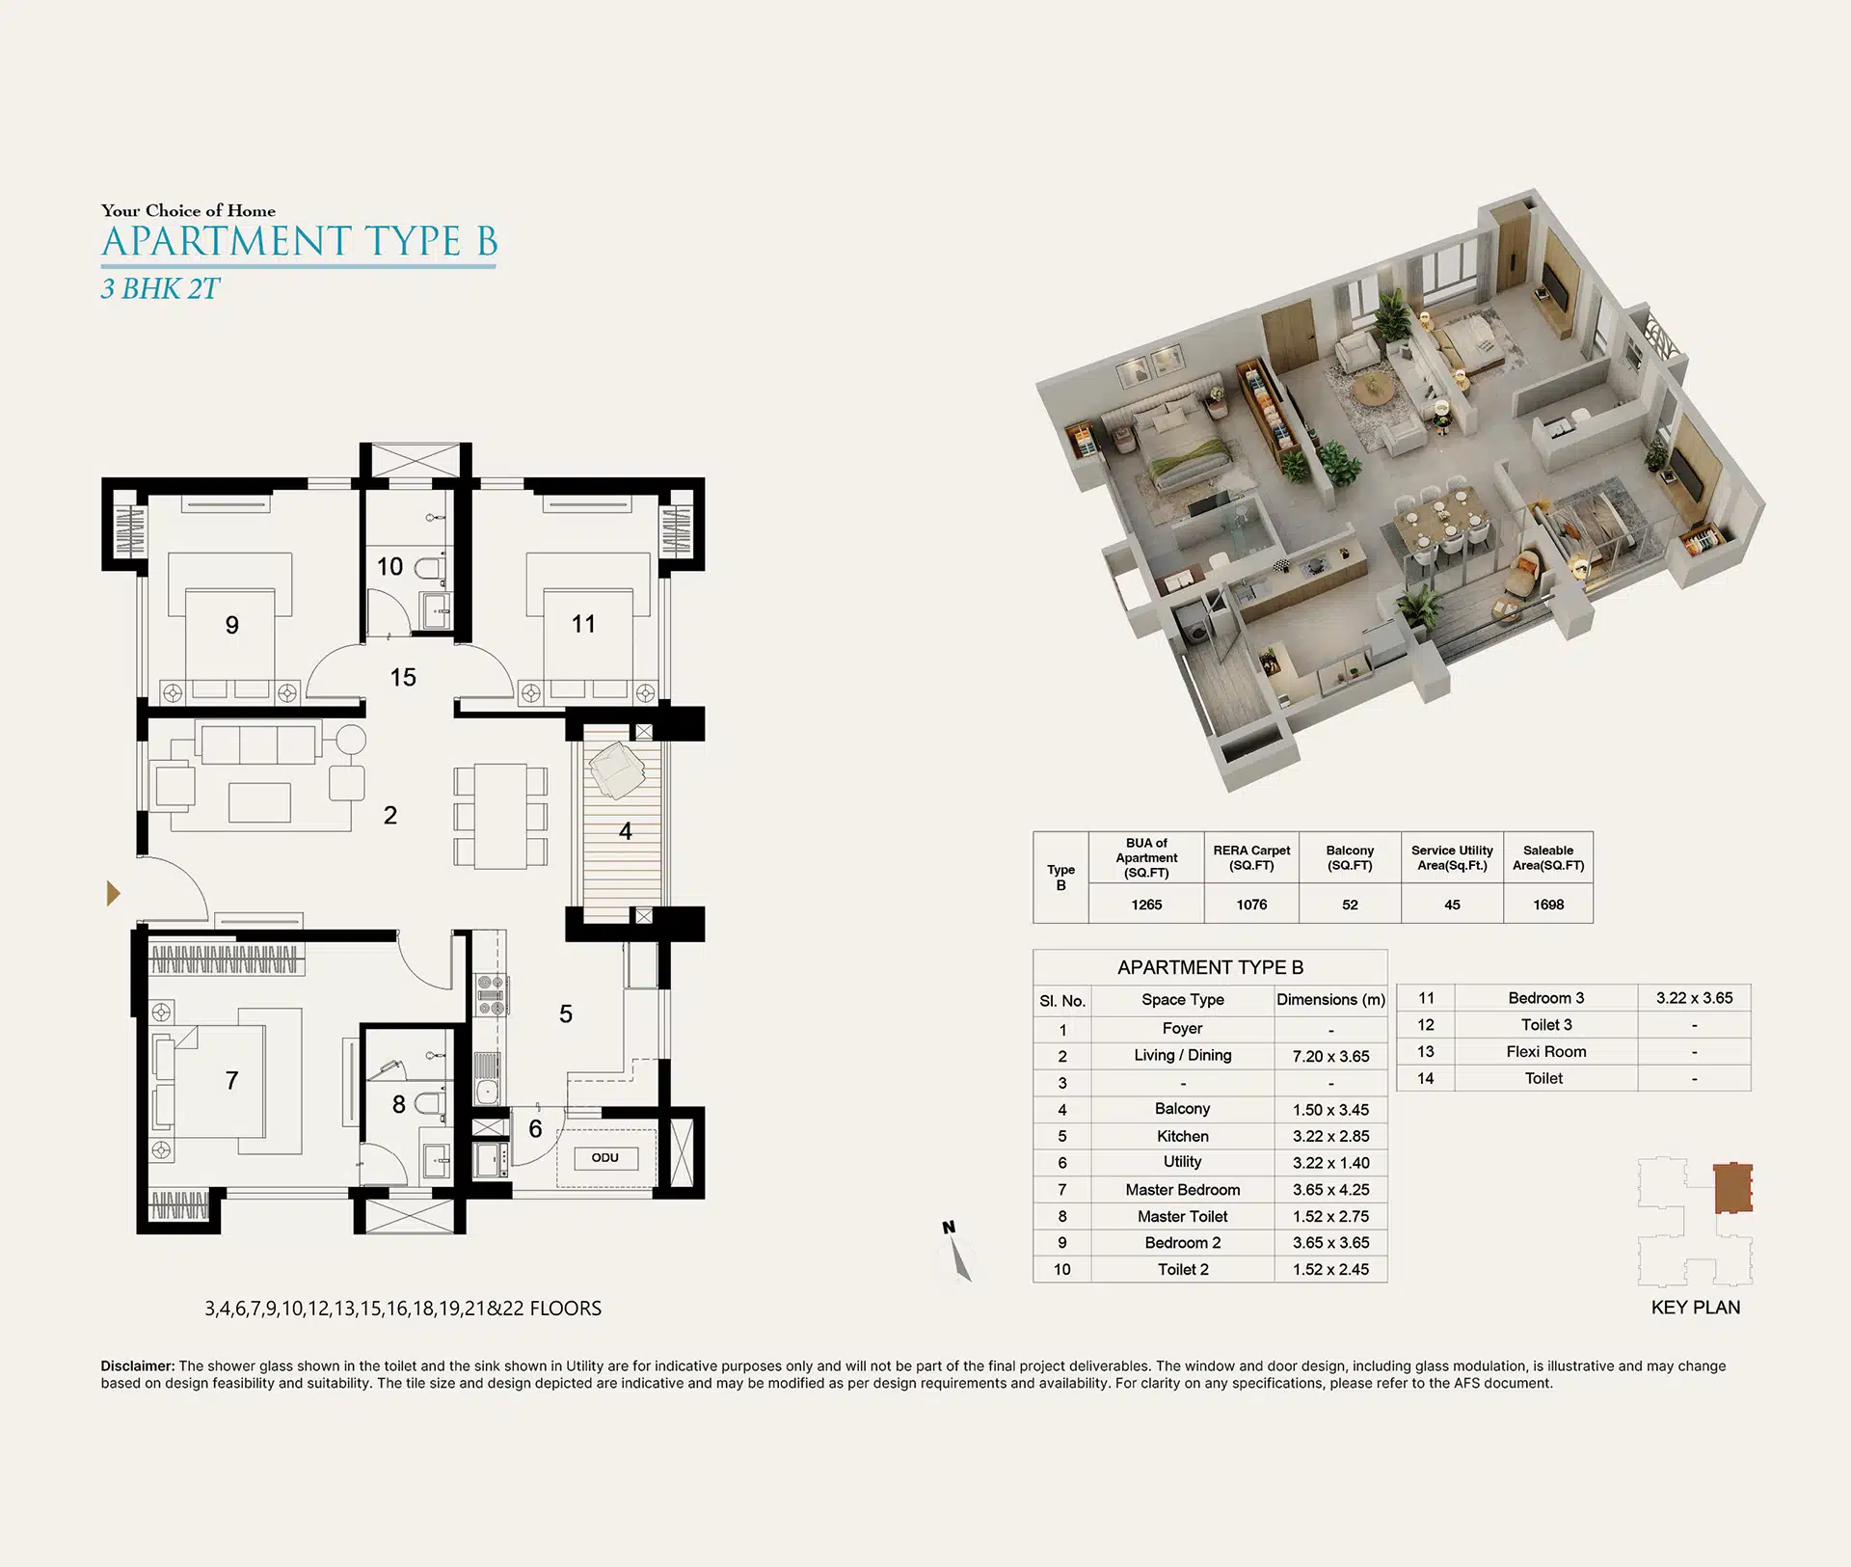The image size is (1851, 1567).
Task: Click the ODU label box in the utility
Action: point(605,1157)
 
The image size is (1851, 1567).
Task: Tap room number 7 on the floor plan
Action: point(231,1081)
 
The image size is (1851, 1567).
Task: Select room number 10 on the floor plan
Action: point(389,566)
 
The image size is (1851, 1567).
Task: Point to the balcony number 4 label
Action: point(626,831)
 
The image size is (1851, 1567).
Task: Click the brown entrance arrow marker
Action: point(113,894)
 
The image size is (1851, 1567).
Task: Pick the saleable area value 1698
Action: point(1548,905)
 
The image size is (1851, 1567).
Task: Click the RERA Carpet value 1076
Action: point(1251,905)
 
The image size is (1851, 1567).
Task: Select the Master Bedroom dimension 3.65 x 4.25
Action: point(1330,1190)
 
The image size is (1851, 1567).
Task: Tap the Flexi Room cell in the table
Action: point(1545,1052)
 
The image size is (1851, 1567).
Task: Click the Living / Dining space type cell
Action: point(1183,1055)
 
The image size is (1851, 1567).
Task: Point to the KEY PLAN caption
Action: point(1696,1308)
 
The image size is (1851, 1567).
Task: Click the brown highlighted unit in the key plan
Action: point(1731,1188)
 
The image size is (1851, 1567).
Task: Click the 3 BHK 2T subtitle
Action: point(161,289)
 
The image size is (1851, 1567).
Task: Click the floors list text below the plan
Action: point(403,1309)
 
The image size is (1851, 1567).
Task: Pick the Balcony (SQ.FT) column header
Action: point(1350,857)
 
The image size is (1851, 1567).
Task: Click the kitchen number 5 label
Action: point(566,1014)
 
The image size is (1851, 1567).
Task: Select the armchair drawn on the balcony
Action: point(617,770)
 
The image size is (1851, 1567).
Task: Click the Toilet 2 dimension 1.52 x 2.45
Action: point(1330,1270)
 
